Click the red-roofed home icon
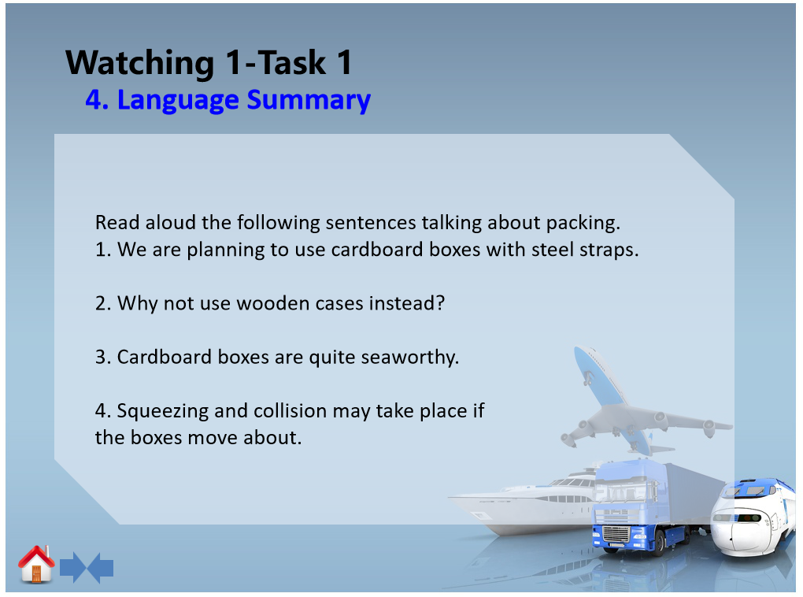click(36, 564)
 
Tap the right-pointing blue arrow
click(73, 567)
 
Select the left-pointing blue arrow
click(101, 567)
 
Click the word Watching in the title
click(140, 63)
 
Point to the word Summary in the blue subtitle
click(309, 100)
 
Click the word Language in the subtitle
click(178, 101)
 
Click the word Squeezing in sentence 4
click(163, 411)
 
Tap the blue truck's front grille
click(616, 534)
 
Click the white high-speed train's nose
click(738, 533)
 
